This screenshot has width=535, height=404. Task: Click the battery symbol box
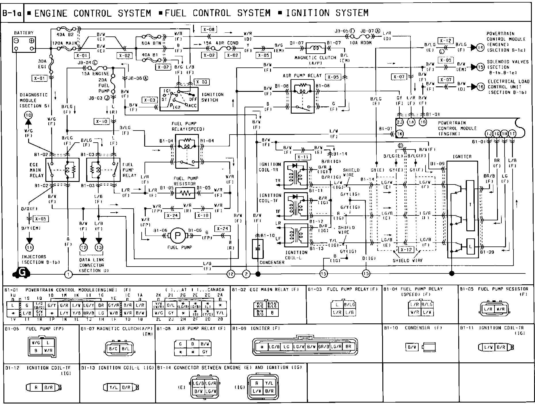[x=24, y=44]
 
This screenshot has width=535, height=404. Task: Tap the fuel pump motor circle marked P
[x=178, y=236]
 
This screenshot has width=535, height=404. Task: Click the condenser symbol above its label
[x=257, y=248]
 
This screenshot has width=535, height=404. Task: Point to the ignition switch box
[x=179, y=99]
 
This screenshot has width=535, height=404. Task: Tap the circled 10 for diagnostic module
[x=28, y=116]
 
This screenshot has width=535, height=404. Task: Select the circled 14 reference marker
[x=480, y=48]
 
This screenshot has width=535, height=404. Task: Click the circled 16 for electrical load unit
[x=480, y=87]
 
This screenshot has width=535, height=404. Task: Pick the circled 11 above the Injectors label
[x=29, y=247]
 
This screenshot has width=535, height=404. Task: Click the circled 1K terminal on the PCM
[x=399, y=134]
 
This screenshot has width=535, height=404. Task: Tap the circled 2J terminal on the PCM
[x=400, y=122]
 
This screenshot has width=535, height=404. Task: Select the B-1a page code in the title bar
[x=12, y=13]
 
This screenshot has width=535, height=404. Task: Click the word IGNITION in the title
[x=308, y=13]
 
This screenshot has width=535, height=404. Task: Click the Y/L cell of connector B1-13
[x=113, y=387]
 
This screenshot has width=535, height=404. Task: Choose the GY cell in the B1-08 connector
[x=205, y=351]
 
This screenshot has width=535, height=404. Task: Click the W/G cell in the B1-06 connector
[x=36, y=342]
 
